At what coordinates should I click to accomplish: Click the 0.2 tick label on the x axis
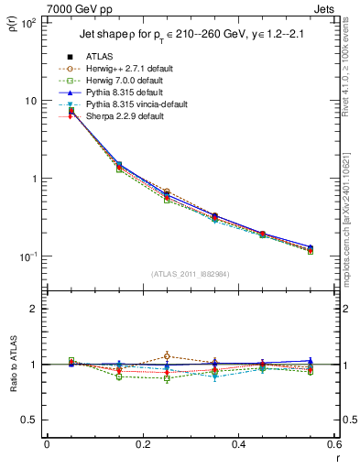(x=142, y=445)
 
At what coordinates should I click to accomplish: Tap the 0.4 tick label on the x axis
(x=237, y=445)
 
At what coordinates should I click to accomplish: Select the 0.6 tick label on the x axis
(x=333, y=445)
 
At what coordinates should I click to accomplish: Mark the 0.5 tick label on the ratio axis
(x=31, y=420)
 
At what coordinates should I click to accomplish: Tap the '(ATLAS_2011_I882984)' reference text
(x=191, y=274)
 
